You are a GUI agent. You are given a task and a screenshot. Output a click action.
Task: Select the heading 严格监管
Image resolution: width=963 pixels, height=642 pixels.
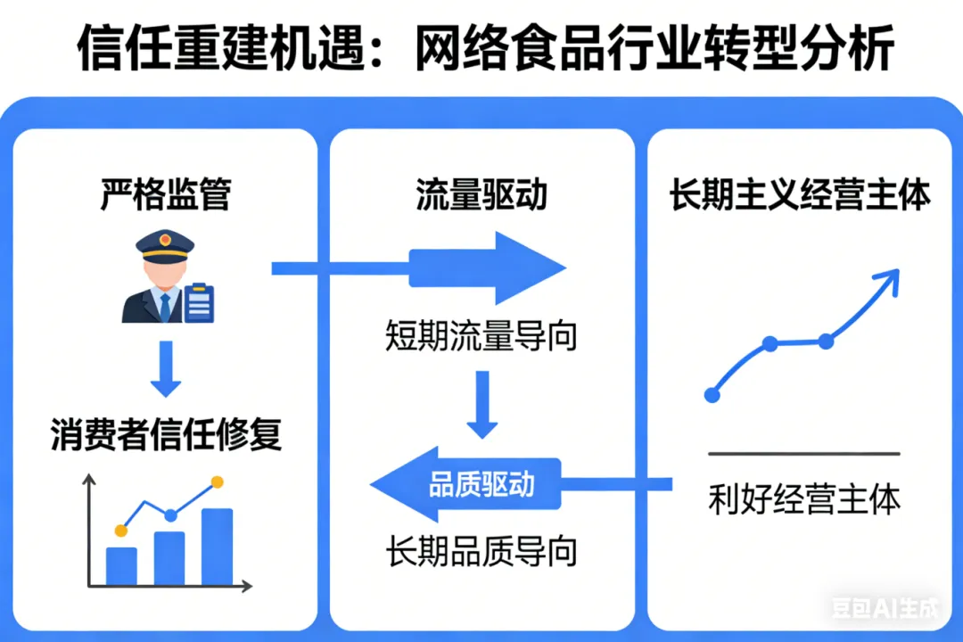click(x=165, y=195)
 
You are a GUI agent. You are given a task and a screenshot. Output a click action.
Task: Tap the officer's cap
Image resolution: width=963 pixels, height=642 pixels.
click(x=164, y=245)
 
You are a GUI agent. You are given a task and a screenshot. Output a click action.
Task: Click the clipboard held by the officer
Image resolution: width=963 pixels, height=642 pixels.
click(x=200, y=303)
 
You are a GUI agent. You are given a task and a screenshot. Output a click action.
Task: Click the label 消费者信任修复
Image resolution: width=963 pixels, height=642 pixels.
click(x=167, y=436)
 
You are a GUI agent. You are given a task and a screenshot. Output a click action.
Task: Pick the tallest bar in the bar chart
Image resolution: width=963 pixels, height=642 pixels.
click(x=217, y=546)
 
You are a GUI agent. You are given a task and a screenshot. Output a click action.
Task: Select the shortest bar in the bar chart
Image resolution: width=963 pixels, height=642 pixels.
click(x=121, y=565)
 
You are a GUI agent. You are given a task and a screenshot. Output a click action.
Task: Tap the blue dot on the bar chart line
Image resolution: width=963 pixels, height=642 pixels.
click(x=170, y=514)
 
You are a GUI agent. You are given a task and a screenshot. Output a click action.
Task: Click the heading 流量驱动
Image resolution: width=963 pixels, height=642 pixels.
click(x=481, y=195)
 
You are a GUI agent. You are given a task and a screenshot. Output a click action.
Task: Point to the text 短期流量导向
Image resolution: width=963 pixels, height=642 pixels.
click(x=481, y=336)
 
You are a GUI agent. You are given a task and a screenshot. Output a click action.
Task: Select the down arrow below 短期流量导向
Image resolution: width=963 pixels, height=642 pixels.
click(x=482, y=405)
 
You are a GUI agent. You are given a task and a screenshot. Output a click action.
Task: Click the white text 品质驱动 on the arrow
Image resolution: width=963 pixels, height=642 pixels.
click(x=482, y=484)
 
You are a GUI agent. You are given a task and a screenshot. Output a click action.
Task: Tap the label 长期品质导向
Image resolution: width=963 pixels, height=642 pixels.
click(x=481, y=552)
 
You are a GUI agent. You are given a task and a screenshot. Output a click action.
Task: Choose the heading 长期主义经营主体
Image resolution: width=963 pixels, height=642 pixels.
click(x=800, y=195)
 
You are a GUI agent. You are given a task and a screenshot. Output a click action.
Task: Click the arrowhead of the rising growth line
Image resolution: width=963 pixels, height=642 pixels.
click(x=887, y=282)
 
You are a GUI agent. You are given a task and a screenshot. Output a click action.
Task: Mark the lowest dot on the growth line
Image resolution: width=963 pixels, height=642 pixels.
click(x=712, y=394)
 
